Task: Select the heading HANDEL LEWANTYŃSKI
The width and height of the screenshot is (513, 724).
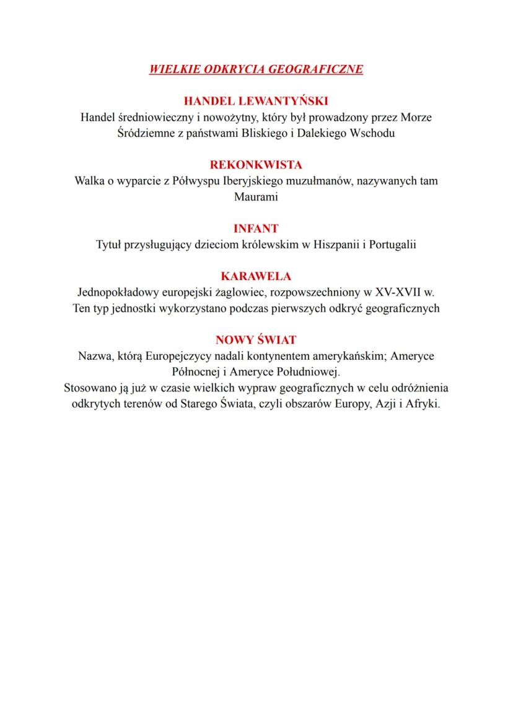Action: (x=256, y=101)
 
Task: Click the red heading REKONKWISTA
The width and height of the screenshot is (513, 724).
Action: (x=256, y=165)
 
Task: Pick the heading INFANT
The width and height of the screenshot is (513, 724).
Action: (x=256, y=229)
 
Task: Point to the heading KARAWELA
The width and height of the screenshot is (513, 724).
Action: (x=256, y=276)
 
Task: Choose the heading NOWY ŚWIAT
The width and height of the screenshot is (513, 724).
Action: (x=256, y=339)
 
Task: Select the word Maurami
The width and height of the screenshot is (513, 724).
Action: (x=256, y=198)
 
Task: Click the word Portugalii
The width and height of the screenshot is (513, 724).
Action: (x=390, y=245)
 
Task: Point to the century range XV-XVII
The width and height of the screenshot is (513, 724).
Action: (x=399, y=292)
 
